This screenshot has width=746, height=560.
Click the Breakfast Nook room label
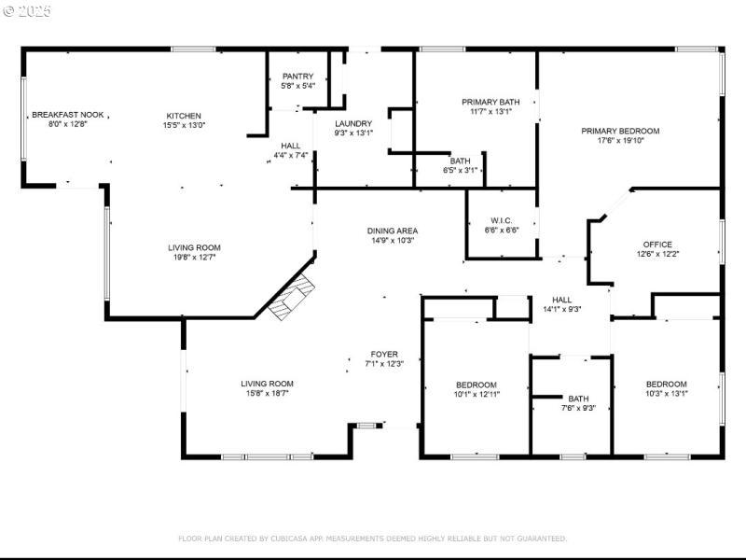point(68,115)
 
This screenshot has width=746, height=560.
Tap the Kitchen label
point(184,116)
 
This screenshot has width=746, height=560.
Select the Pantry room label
point(297,77)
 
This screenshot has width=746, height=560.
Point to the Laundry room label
point(353,123)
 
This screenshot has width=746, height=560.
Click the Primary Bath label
point(490,102)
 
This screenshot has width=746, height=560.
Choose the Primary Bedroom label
point(620,131)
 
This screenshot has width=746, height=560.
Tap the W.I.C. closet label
point(501,221)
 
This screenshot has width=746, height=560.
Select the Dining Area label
point(392,231)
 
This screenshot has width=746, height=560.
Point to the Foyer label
point(384,355)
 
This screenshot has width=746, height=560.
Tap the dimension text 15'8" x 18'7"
point(267,394)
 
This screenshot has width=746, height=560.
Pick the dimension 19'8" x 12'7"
point(193,258)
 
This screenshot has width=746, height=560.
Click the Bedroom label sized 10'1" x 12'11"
point(476,385)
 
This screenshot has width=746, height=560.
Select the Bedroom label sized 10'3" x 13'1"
point(667,384)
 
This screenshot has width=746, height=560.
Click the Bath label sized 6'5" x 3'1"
point(461,161)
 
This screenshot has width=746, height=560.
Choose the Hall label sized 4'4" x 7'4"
point(291,146)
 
